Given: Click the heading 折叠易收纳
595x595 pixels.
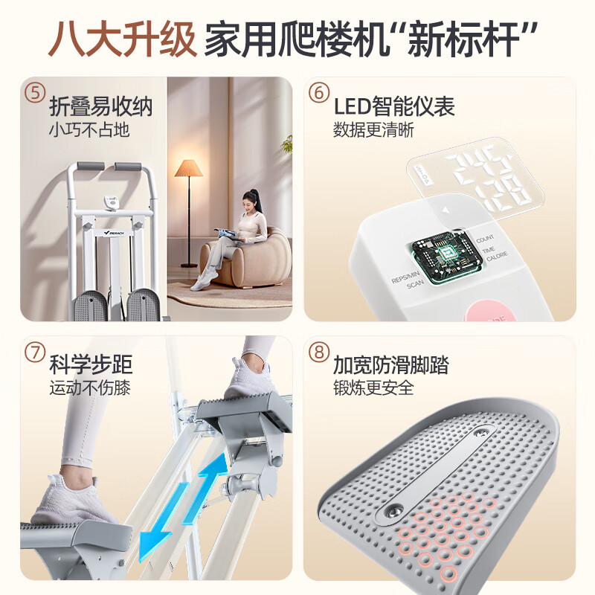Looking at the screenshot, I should point(100,106).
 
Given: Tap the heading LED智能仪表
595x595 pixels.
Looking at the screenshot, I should point(394,106).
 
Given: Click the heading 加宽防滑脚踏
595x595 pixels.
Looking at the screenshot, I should point(391,365).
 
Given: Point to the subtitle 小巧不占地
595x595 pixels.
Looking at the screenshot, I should point(89,130).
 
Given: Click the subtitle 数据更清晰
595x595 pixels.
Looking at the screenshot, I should point(374,130).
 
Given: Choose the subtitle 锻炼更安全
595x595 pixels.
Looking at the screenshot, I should point(374,387).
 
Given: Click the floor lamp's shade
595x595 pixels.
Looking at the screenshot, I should point(188,168).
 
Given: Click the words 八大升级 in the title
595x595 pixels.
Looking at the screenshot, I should point(122,38).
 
